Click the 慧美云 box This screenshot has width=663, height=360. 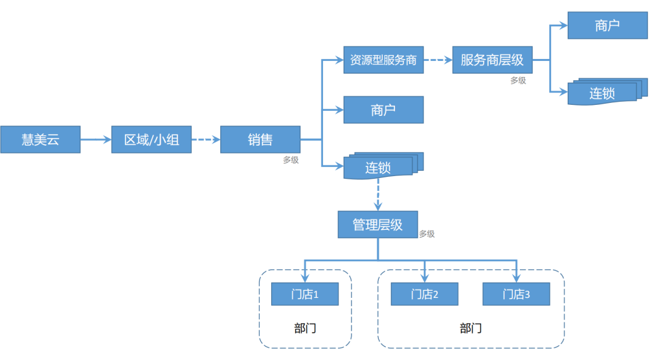[x=40, y=139]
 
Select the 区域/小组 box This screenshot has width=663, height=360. [x=152, y=139]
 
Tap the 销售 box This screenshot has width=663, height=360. [x=260, y=139]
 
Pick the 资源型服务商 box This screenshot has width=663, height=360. [x=383, y=60]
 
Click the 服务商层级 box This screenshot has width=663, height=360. [x=492, y=60]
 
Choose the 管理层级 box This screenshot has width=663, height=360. [x=377, y=224]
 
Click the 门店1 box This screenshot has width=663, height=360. [x=304, y=295]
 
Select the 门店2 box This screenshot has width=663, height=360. [x=424, y=295]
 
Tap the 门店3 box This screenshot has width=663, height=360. [x=516, y=295]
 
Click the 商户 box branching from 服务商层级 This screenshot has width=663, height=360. [x=607, y=25]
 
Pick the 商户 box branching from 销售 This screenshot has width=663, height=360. [x=383, y=109]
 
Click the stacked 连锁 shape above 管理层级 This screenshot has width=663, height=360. [x=381, y=167]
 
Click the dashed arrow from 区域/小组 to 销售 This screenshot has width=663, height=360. [x=206, y=139]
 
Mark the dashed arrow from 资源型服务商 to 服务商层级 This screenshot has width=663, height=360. [x=438, y=60]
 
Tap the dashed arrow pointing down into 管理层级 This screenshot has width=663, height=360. [x=378, y=194]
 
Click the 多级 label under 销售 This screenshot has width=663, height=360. [x=291, y=160]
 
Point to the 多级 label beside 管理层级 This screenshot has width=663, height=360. [x=427, y=234]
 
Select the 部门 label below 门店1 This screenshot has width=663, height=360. [x=304, y=328]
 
